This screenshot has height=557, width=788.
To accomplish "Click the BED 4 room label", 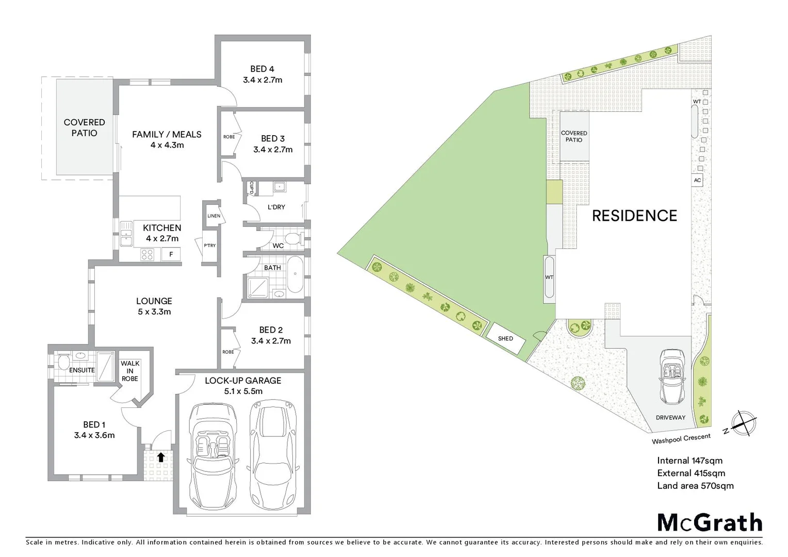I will (x=262, y=69).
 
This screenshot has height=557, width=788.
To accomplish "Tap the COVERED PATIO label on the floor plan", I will (x=84, y=127).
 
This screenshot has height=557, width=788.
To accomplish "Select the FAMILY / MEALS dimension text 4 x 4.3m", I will (x=167, y=145).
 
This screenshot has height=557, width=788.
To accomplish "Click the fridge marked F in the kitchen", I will (x=171, y=254).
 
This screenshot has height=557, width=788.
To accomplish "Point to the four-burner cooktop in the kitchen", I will (x=147, y=254).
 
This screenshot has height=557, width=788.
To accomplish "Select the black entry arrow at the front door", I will (x=161, y=457).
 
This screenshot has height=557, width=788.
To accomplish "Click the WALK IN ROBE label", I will (x=130, y=371).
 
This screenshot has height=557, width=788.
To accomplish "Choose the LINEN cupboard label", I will (x=214, y=216).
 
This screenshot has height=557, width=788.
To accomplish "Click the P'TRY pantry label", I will (x=209, y=245).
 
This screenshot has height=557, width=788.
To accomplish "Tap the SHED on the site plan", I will (x=505, y=338).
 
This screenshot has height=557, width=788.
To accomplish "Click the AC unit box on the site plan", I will (x=697, y=180).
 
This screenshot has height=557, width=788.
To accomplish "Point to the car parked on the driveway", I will (x=672, y=376).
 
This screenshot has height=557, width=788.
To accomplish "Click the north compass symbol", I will (x=743, y=423).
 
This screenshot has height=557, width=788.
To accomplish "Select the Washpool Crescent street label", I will (x=681, y=439).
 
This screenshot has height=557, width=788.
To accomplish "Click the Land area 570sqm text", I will (x=695, y=486).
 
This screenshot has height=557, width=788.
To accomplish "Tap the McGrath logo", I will (x=710, y=522).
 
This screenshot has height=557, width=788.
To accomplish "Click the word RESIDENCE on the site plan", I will (x=634, y=216).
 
